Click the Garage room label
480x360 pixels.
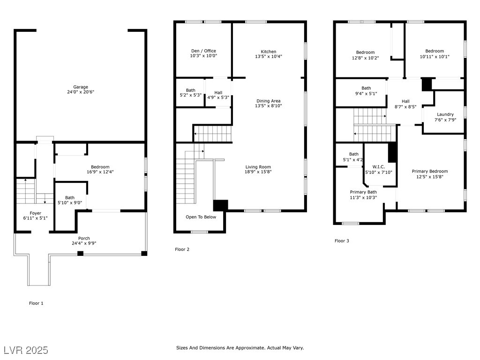pyautogui.click(x=81, y=87)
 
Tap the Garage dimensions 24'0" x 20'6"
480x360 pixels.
pyautogui.click(x=81, y=92)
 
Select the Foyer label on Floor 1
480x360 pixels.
pyautogui.click(x=36, y=213)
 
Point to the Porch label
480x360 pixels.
pyautogui.click(x=84, y=238)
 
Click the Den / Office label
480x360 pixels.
pyautogui.click(x=203, y=51)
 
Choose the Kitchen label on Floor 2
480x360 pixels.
pyautogui.click(x=269, y=52)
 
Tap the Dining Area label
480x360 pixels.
pyautogui.click(x=269, y=101)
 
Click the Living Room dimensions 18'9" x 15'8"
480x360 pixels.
pyautogui.click(x=258, y=172)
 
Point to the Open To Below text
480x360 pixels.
pyautogui.click(x=201, y=217)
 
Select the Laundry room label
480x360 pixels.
pyautogui.click(x=445, y=114)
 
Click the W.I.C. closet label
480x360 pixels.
pyautogui.click(x=379, y=167)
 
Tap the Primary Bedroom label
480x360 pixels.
pyautogui.click(x=430, y=171)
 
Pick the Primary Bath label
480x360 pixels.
pyautogui.click(x=363, y=192)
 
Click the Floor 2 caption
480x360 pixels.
pyautogui.click(x=182, y=249)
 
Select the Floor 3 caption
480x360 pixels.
pyautogui.click(x=342, y=240)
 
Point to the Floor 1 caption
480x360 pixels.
pyautogui.click(x=36, y=303)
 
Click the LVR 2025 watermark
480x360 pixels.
pyautogui.click(x=26, y=350)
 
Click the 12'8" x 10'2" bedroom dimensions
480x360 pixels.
pyautogui.click(x=365, y=58)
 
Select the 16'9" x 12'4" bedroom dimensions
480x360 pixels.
pyautogui.click(x=100, y=172)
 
